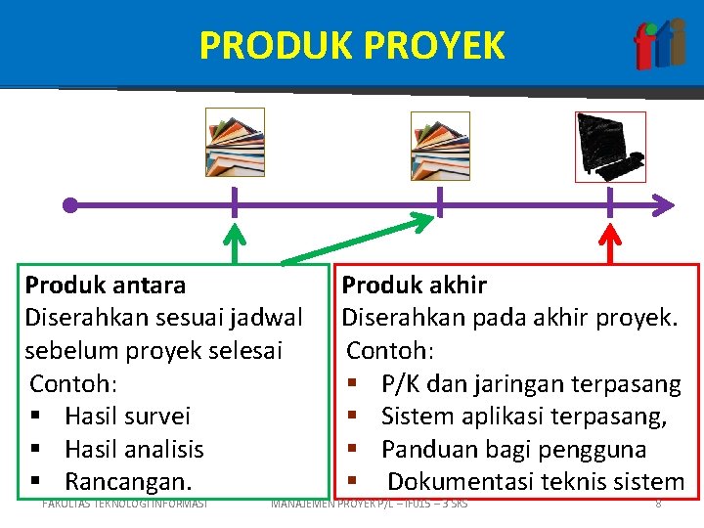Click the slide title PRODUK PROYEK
click(x=352, y=45)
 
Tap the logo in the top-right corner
click(x=659, y=45)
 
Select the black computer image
click(x=609, y=147)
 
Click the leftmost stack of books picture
click(x=235, y=143)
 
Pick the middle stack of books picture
click(x=440, y=146)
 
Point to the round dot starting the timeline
click(x=69, y=205)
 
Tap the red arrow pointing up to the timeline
click(x=610, y=243)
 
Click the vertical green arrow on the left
click(x=234, y=244)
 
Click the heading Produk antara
click(x=106, y=286)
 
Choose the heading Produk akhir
click(x=414, y=286)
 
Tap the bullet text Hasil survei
click(x=127, y=417)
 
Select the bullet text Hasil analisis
click(x=134, y=450)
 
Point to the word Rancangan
click(x=128, y=482)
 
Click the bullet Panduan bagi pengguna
click(x=513, y=450)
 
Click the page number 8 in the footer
click(x=658, y=504)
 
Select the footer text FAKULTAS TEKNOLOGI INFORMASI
click(x=125, y=504)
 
